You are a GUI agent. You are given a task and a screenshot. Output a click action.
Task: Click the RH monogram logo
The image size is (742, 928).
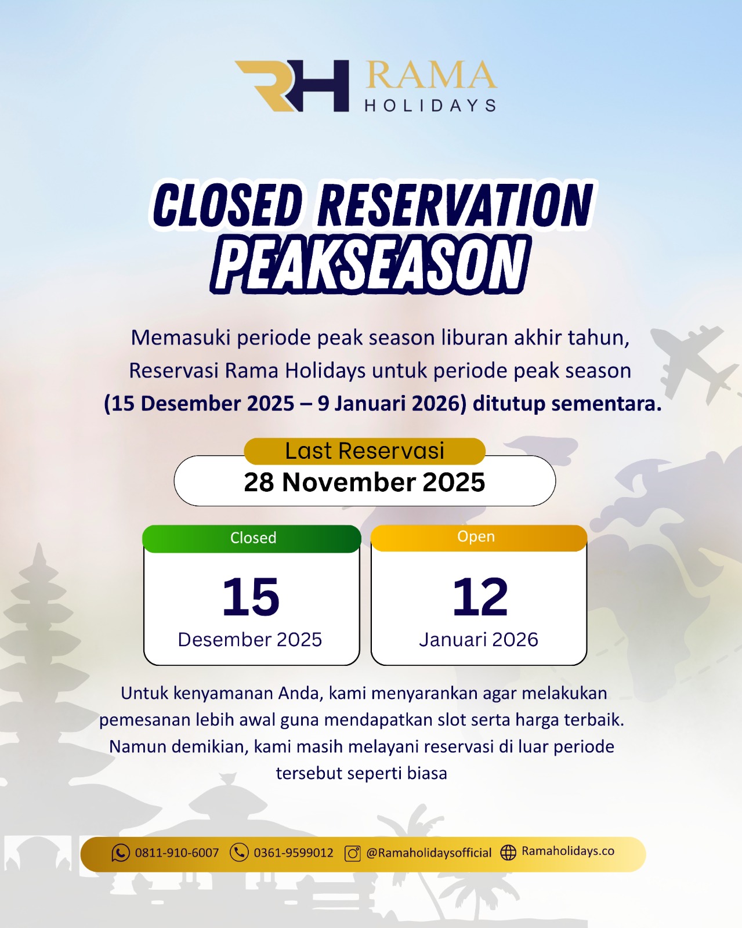coord(292,86)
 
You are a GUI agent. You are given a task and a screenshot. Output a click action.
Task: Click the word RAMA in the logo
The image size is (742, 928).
coord(431,75)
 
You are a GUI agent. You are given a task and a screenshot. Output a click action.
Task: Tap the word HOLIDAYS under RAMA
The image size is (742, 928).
coord(430,106)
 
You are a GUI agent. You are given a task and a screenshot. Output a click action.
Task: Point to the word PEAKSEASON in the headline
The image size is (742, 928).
coord(370,264)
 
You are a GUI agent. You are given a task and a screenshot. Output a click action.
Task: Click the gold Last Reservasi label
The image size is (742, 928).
coord(364,451)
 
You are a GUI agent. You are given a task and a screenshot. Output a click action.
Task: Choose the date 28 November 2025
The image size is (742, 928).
coord(364,482)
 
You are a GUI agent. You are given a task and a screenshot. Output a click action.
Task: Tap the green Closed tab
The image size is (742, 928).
coord(252,539)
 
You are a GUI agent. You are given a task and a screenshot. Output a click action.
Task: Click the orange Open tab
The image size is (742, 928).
coord(479,537)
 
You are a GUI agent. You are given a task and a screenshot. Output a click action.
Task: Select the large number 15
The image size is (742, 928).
coord(251,597)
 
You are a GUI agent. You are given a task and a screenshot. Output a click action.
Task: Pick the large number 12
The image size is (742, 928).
coord(480,597)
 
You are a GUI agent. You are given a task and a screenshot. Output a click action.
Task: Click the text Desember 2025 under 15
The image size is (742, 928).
coord(250,640)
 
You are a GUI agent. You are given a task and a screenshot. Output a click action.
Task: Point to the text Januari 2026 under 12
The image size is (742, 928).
coord(479,640)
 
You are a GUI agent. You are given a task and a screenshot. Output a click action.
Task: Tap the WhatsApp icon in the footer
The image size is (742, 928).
coord(120,853)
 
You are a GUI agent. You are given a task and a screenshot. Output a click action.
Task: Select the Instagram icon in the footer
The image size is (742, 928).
coord(353,853)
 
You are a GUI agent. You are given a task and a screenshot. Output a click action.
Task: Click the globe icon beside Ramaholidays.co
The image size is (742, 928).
coord(508,853)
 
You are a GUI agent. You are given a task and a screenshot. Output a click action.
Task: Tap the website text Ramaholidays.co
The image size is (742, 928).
coord(568,851)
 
